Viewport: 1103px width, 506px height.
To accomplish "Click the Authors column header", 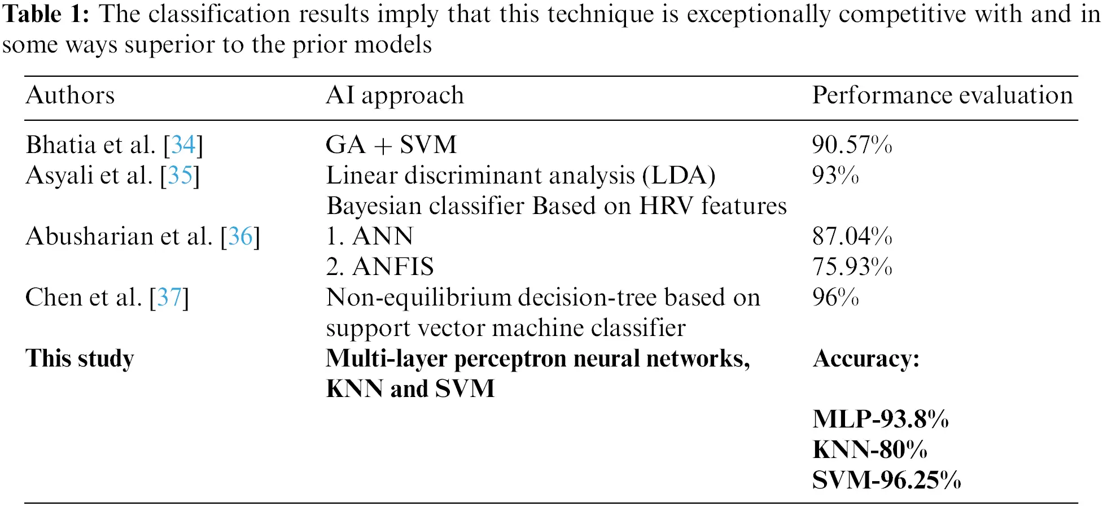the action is [x=70, y=95].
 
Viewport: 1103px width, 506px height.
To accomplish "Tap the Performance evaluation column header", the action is [x=942, y=95].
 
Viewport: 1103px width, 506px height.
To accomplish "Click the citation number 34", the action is [x=183, y=145].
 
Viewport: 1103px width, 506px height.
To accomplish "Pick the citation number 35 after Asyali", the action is [x=180, y=175].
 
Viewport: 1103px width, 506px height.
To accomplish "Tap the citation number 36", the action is [x=240, y=236].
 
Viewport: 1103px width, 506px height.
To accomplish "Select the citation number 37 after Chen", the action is [x=169, y=297].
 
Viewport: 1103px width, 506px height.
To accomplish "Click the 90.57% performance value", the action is [x=852, y=145].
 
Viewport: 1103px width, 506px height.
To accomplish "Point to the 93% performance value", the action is [x=835, y=175].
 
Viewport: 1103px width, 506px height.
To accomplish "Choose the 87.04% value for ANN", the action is [x=852, y=236].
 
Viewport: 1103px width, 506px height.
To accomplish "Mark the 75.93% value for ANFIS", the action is [x=852, y=267].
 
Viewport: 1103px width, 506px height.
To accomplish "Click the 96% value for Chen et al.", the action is [x=835, y=297].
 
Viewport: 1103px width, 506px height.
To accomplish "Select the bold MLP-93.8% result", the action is [x=881, y=419].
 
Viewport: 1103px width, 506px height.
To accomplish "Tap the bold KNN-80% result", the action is [x=870, y=450].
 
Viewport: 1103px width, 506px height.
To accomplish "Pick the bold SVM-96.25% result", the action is [x=886, y=480].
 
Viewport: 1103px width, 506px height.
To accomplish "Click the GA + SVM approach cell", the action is [x=391, y=145].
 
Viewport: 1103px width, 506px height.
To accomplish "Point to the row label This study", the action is [x=80, y=358].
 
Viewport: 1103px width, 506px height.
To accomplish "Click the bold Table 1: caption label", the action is [x=46, y=14].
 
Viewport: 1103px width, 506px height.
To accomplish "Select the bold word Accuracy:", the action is [x=866, y=359].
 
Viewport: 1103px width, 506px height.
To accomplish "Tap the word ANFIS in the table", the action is [x=393, y=267].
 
